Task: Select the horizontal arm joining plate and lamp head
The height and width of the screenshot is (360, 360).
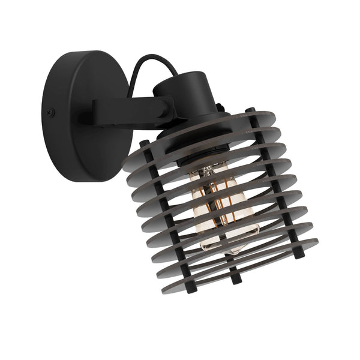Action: point(129,112)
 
